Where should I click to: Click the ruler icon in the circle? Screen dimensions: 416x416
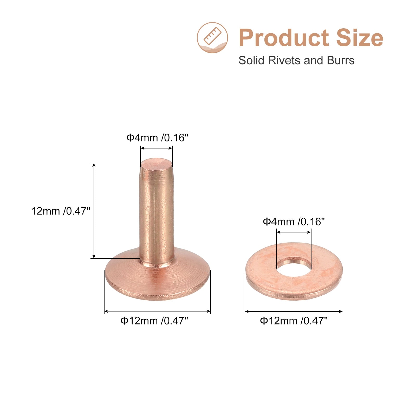pyautogui.click(x=212, y=36)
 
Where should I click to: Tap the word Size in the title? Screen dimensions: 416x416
pyautogui.click(x=360, y=38)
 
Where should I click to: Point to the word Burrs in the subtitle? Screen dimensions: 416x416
pyautogui.click(x=341, y=60)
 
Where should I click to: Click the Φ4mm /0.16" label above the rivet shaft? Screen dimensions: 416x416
pyautogui.click(x=157, y=138)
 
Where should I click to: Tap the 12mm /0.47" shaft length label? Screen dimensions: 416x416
pyautogui.click(x=61, y=211)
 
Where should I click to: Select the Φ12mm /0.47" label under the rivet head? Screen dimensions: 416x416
pyautogui.click(x=154, y=321)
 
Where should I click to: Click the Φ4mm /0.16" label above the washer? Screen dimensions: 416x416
pyautogui.click(x=294, y=222)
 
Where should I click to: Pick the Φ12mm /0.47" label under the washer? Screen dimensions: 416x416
pyautogui.click(x=294, y=321)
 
